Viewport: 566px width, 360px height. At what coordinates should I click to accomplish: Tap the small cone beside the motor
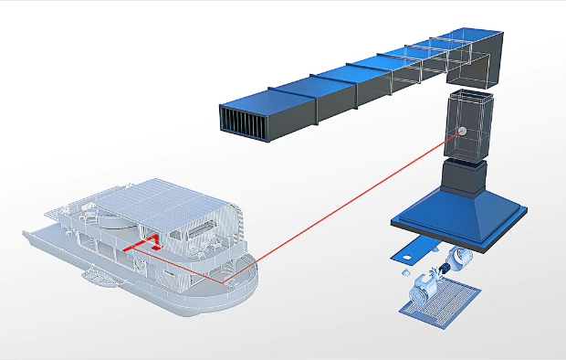(x=402, y=271)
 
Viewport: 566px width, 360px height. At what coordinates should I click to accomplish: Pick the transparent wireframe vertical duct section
(x=469, y=124)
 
